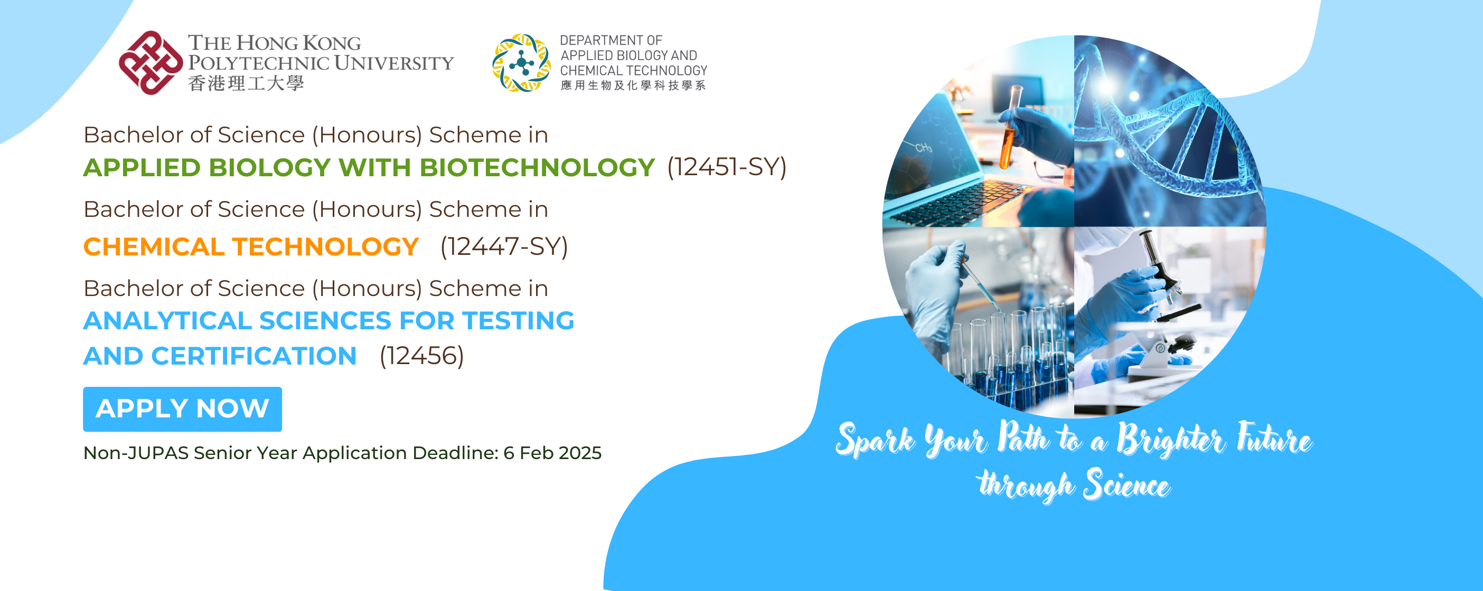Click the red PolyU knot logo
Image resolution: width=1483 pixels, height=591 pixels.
(x=151, y=62)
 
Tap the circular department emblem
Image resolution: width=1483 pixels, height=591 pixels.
(x=521, y=63)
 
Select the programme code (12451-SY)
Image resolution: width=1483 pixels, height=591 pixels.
(x=727, y=167)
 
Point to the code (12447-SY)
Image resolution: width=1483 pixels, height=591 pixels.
(x=504, y=246)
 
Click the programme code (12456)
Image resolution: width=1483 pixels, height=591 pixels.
(x=421, y=356)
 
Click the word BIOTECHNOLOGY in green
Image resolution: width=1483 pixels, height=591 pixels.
(x=537, y=167)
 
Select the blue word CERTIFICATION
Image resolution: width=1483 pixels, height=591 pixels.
(x=254, y=356)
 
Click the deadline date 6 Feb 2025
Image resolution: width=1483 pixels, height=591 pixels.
(x=552, y=453)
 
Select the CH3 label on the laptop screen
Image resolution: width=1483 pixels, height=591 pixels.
(x=923, y=148)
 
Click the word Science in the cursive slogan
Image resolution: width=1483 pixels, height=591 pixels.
(x=1126, y=485)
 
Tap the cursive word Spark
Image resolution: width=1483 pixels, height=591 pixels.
(x=875, y=440)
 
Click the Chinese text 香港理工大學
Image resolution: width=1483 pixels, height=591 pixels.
(x=246, y=84)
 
